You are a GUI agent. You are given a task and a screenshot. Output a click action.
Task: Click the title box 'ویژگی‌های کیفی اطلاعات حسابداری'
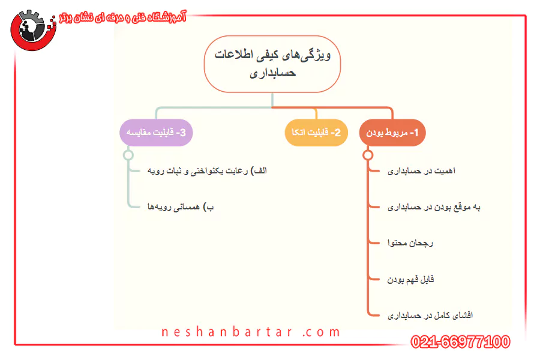coord(272,64)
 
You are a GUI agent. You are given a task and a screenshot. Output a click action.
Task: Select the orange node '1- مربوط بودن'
coord(392,133)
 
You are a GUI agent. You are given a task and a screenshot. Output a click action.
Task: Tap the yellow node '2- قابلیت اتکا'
coord(316,133)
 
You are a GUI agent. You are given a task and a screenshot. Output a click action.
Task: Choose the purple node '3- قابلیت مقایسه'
coord(156,133)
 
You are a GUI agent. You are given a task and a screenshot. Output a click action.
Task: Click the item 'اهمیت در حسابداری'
coord(421,171)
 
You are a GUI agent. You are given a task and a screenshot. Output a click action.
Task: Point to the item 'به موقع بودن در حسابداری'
coord(434,207)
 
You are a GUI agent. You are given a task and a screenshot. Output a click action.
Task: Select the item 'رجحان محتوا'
coord(410,243)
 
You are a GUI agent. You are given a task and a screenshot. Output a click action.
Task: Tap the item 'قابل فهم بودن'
coord(410,280)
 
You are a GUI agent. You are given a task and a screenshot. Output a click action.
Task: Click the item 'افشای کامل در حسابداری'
coord(430,315)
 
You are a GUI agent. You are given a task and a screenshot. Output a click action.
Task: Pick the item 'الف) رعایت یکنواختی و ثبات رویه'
coord(207,171)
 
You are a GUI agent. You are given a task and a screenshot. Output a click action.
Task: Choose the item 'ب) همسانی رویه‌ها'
coord(181,207)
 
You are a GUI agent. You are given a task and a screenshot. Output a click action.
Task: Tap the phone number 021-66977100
coord(460,342)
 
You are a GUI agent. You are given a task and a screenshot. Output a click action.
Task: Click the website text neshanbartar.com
coord(251,332)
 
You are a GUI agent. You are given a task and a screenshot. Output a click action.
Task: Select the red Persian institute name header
coord(122,17)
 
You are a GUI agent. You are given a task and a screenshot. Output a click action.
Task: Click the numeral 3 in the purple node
coord(183,133)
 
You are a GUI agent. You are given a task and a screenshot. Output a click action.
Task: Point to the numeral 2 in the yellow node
coord(337,133)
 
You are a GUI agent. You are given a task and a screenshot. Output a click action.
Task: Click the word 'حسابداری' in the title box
coord(273,73)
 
